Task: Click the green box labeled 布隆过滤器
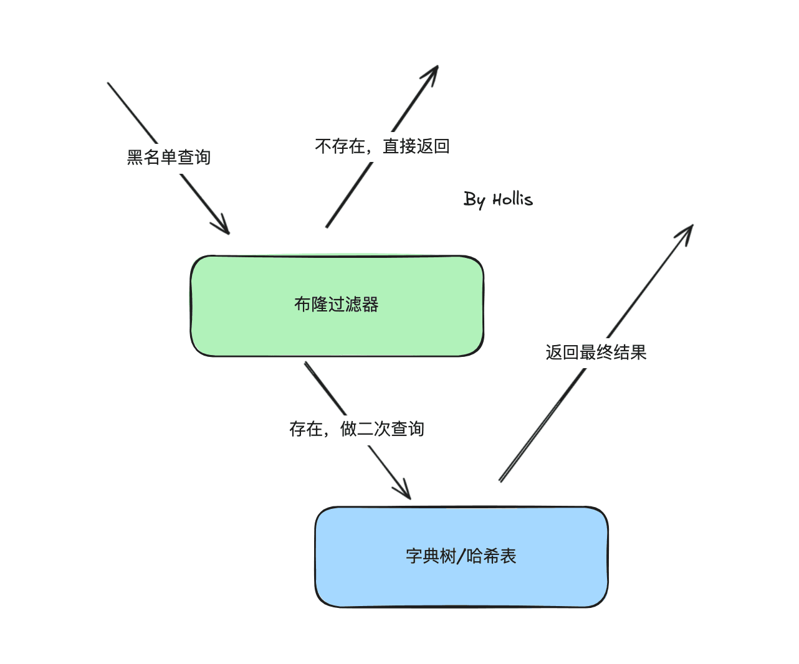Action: (337, 306)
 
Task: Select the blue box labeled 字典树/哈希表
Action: (461, 557)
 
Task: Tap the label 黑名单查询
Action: (169, 157)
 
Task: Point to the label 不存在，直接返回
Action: (382, 146)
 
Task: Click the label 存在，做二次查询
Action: (356, 429)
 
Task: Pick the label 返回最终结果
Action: (596, 353)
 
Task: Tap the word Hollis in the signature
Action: (513, 199)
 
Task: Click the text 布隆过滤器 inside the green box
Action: (337, 305)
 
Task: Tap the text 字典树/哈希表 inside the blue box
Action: (461, 556)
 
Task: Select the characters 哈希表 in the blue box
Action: (491, 556)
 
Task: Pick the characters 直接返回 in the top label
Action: (416, 146)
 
